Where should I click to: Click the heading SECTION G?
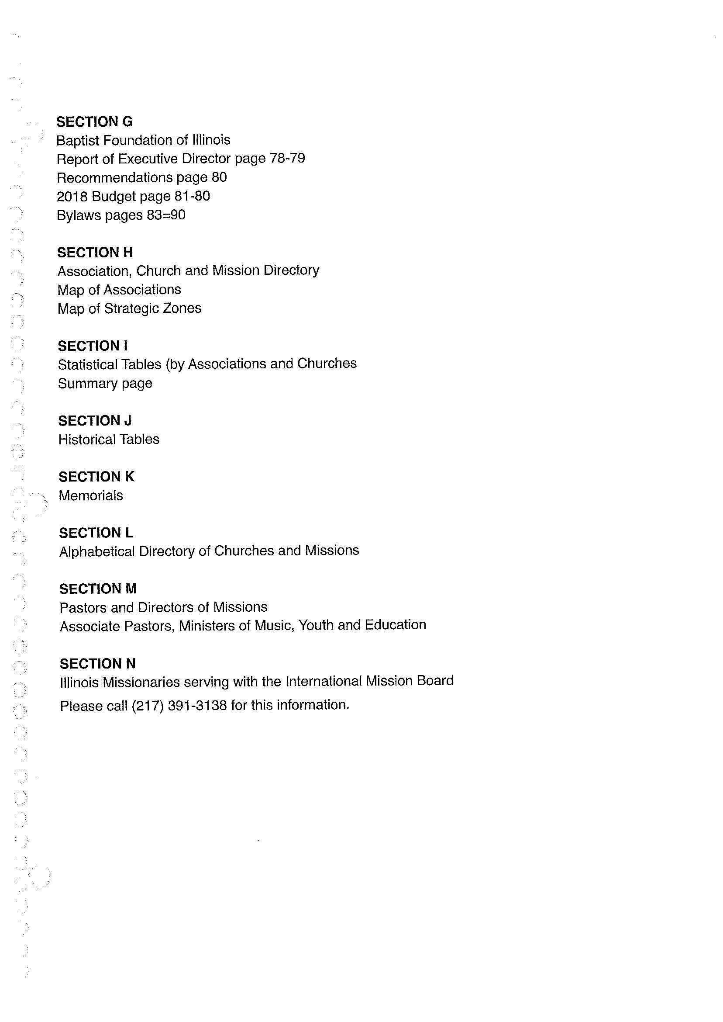point(94,121)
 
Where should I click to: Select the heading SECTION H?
point(95,253)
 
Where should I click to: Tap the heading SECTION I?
point(93,346)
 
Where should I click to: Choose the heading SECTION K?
point(96,477)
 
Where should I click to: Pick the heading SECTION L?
point(96,533)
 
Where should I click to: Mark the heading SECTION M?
point(98,589)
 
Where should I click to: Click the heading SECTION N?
point(97,664)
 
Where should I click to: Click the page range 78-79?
point(288,158)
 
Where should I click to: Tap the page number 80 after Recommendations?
point(219,177)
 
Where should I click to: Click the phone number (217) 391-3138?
point(179,705)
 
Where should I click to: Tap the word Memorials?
point(91,495)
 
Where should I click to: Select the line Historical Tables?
point(109,439)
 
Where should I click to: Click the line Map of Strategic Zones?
point(130,308)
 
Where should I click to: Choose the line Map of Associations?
point(119,290)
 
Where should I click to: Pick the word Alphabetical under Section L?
point(97,551)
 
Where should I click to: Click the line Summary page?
point(105,383)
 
